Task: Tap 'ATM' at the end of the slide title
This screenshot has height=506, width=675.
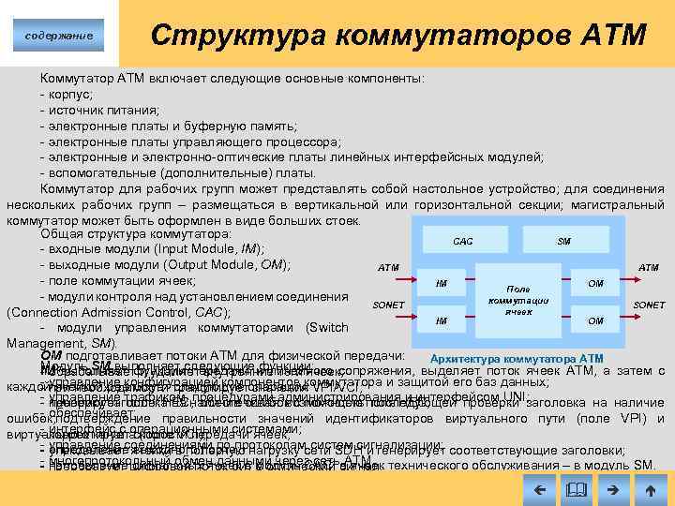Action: [613, 36]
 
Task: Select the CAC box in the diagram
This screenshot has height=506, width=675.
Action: [462, 241]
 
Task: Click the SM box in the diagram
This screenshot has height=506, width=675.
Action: [563, 241]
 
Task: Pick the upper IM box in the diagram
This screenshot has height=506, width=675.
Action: [441, 282]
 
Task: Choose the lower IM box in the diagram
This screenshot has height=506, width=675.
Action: [441, 320]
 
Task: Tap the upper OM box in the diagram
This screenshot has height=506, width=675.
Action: [594, 282]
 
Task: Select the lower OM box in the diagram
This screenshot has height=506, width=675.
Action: [594, 320]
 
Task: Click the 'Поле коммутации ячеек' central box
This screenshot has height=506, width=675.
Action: [517, 300]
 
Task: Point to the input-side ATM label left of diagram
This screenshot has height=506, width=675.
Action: [388, 267]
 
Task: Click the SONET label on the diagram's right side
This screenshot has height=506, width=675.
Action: [649, 305]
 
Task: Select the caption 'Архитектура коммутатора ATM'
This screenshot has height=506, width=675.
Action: [516, 359]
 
